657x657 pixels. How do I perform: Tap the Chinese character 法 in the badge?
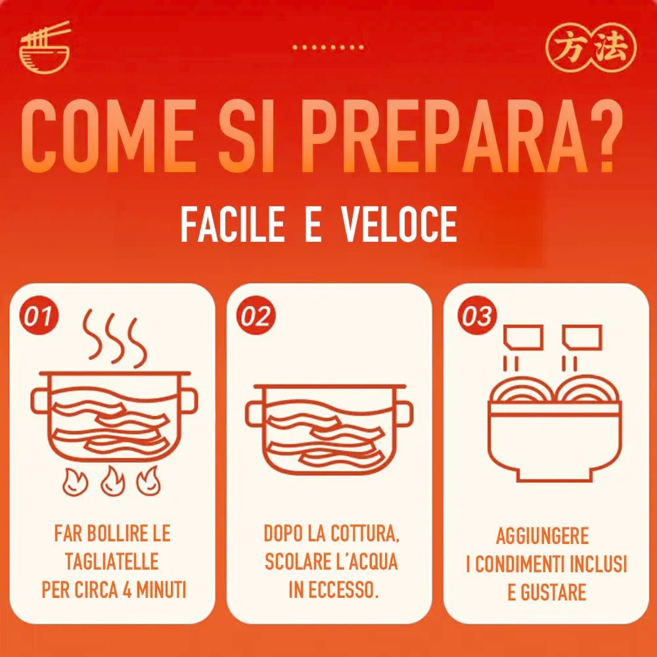point(612,48)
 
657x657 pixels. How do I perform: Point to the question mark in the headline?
point(608,135)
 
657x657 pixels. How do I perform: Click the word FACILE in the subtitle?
point(232,224)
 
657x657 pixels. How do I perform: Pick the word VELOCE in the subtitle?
point(399,224)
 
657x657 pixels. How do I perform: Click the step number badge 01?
point(38,317)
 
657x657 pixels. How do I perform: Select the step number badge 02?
point(256,317)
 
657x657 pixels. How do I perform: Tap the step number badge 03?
point(476,317)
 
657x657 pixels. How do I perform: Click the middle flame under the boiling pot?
point(112,481)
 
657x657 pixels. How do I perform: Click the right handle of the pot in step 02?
point(404,413)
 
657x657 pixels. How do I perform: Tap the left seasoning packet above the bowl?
point(524,338)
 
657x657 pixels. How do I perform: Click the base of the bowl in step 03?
point(555,476)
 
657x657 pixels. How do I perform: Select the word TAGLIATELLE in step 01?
point(112,562)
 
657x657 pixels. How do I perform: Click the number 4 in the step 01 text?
point(126,591)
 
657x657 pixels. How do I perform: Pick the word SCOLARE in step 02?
point(297,562)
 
